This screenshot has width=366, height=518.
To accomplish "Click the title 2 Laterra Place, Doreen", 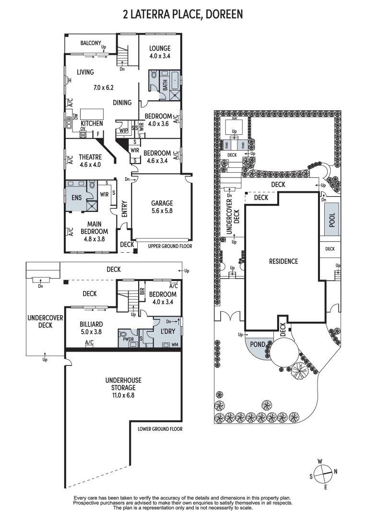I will tap(183, 14).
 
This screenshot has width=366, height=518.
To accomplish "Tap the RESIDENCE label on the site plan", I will tap(283, 261).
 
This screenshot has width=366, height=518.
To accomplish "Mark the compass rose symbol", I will tap(323, 471).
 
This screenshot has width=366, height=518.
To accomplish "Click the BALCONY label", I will tap(90, 43).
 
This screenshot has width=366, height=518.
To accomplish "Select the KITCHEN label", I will tap(92, 123).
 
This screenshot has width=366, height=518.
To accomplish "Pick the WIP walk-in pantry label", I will tap(124, 130).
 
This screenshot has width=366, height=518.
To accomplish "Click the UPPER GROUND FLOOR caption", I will tap(170, 246).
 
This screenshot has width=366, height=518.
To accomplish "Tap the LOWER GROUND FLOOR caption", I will tap(160, 429).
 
